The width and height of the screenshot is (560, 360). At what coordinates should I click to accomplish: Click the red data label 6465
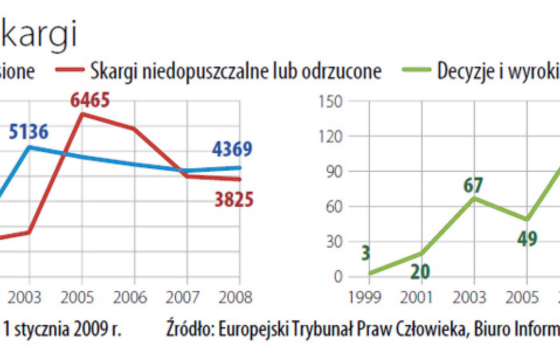[90, 100]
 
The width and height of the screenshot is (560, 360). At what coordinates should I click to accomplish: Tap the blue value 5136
[28, 132]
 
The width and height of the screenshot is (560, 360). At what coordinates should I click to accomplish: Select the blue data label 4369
[232, 149]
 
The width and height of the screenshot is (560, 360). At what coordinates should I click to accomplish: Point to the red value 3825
[234, 200]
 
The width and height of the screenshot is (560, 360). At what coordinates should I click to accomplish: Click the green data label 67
[473, 185]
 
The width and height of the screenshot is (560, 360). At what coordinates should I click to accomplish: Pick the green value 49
[527, 239]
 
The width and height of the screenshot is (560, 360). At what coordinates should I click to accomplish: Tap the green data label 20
[420, 272]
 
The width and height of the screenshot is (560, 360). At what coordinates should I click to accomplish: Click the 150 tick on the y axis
[331, 102]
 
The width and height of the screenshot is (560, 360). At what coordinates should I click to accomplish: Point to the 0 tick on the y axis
[338, 277]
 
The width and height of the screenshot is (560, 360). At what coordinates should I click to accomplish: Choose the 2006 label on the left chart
[130, 298]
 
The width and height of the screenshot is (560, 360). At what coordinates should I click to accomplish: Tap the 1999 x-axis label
[365, 298]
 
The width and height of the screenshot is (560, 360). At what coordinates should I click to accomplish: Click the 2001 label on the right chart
[417, 298]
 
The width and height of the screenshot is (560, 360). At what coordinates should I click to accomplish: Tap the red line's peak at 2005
[82, 114]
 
